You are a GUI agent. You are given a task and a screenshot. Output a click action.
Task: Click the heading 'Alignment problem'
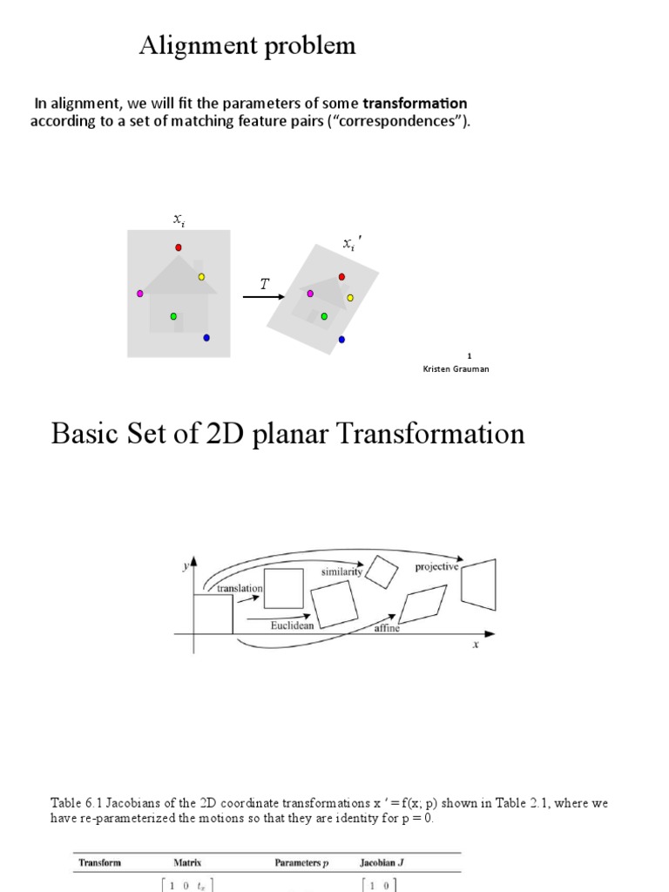pos(247,46)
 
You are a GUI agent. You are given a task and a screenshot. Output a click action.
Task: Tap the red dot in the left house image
pos(179,247)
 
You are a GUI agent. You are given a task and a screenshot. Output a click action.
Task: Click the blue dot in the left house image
pos(206,338)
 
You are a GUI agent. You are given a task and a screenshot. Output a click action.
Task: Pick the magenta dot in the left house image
pos(139,294)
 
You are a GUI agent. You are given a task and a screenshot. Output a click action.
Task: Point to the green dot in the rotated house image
pos(324,316)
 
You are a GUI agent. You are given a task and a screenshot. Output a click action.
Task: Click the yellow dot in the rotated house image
pos(350,298)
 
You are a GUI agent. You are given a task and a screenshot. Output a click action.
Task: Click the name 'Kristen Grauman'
pos(456,368)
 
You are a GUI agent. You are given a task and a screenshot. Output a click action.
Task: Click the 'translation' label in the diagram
pos(240,588)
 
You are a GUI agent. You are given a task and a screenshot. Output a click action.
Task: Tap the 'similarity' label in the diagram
pos(341,572)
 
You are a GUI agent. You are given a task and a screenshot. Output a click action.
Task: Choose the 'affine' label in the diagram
pos(387,628)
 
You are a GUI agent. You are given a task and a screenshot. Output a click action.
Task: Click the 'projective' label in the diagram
pos(436,566)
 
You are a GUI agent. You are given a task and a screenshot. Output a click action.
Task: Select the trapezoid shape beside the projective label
pos(478,585)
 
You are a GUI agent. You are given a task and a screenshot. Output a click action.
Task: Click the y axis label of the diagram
pos(185,566)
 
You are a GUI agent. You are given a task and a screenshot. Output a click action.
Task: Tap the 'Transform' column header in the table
pos(99,863)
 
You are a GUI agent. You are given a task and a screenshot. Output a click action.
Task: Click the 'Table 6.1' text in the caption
pos(73,803)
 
